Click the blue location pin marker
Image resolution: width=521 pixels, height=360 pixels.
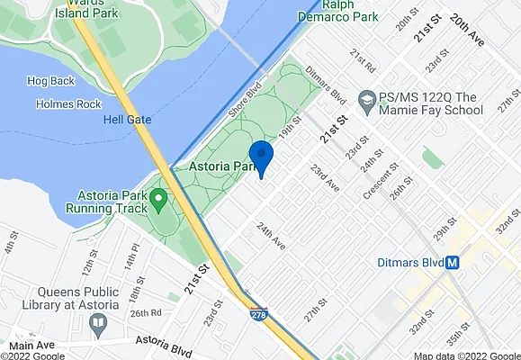click(261, 157)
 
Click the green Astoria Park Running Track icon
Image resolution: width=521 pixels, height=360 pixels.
click(159, 197)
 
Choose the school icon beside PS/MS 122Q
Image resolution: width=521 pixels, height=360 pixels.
click(367, 98)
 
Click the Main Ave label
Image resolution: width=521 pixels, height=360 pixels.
click(32, 345)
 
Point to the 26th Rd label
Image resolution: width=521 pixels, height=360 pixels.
click(144, 312)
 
